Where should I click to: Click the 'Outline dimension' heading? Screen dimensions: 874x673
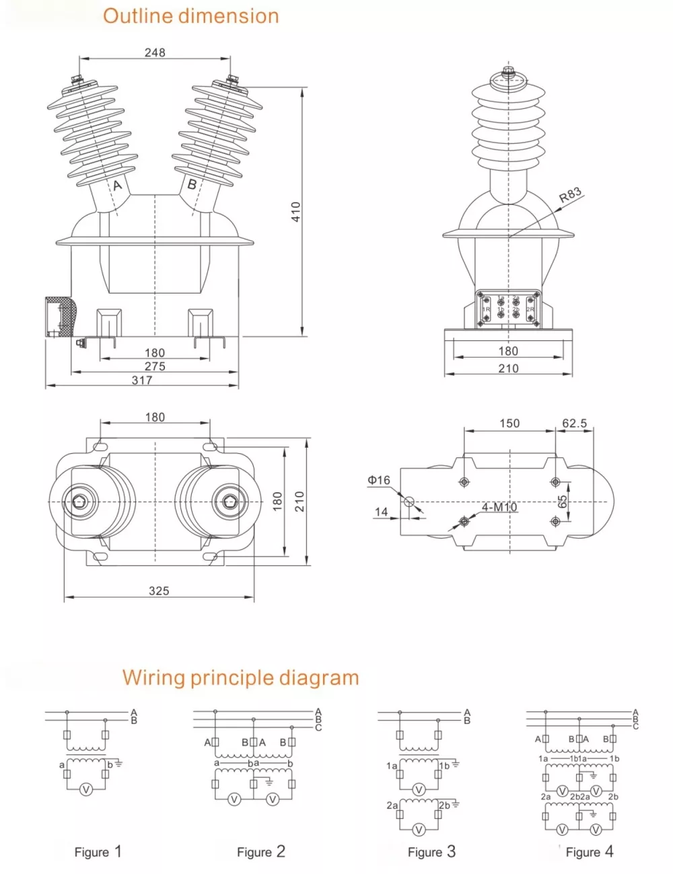tap(190, 16)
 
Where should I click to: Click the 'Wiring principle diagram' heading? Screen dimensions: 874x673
tap(240, 677)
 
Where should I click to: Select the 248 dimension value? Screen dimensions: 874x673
tap(155, 52)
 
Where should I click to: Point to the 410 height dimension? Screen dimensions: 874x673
tap(296, 212)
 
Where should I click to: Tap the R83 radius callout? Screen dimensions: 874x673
tap(570, 195)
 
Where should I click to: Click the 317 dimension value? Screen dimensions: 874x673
tap(142, 380)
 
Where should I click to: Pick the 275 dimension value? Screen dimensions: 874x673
tap(155, 366)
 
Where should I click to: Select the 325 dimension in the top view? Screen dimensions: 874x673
tap(159, 590)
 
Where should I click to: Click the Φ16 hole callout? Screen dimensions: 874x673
tap(379, 480)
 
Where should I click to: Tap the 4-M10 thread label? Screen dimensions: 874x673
tap(499, 507)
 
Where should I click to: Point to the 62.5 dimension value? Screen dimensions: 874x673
tap(574, 424)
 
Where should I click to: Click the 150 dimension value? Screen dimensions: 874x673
tap(509, 424)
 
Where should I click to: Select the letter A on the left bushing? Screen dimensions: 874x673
tap(117, 185)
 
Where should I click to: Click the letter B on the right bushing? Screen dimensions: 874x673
tap(192, 184)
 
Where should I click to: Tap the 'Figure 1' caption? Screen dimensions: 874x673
tap(98, 852)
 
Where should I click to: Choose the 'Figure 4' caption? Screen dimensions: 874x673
tap(590, 852)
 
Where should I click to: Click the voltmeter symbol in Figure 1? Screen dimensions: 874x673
tap(85, 790)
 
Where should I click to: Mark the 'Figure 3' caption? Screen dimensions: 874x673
tap(431, 852)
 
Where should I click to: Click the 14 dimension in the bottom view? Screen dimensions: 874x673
tap(381, 512)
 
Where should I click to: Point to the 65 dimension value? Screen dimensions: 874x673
tap(563, 502)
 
